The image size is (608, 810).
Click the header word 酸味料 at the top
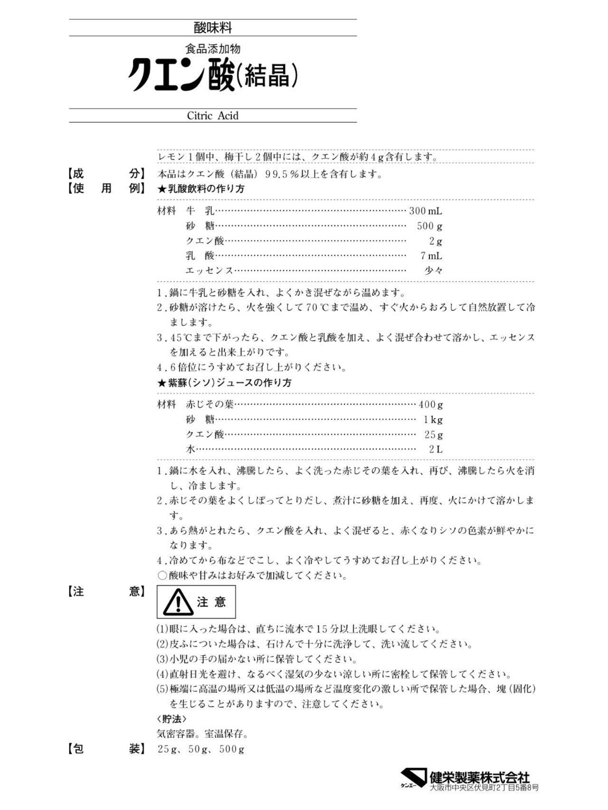pyautogui.click(x=213, y=28)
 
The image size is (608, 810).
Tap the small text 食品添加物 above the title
pyautogui.click(x=213, y=49)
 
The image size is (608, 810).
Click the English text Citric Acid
pyautogui.click(x=213, y=116)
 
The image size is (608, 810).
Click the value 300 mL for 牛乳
pyautogui.click(x=425, y=211)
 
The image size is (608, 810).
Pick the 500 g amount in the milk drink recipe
pyautogui.click(x=429, y=226)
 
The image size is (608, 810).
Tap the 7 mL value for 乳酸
pyautogui.click(x=431, y=256)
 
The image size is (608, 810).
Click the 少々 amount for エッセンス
pyautogui.click(x=433, y=271)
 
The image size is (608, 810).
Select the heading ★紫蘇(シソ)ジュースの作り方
pyautogui.click(x=224, y=383)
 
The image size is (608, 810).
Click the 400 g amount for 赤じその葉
pyautogui.click(x=431, y=405)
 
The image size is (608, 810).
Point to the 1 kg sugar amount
pyautogui.click(x=433, y=420)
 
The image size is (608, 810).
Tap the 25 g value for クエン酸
pyautogui.click(x=433, y=434)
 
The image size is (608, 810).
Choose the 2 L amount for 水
pyautogui.click(x=436, y=449)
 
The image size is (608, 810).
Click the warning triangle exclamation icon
pyautogui.click(x=178, y=603)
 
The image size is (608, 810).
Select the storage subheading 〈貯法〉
pyautogui.click(x=171, y=719)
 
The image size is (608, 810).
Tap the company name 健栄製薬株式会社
pyautogui.click(x=480, y=778)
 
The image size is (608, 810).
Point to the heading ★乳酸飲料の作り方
pyautogui.click(x=201, y=189)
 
